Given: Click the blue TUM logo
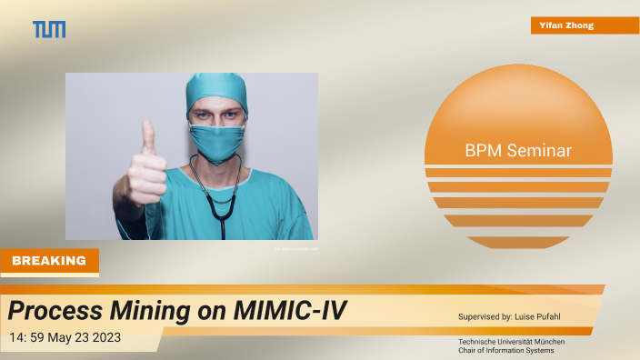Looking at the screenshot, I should [x=49, y=29].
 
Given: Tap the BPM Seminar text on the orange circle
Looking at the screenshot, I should [x=517, y=151].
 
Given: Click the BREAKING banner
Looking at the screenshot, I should [x=50, y=261].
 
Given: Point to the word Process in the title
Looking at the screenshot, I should [x=52, y=311].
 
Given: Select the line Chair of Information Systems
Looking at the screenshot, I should [x=505, y=350].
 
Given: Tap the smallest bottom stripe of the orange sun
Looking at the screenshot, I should [x=517, y=242].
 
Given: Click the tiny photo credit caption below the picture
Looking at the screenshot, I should [x=295, y=246].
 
